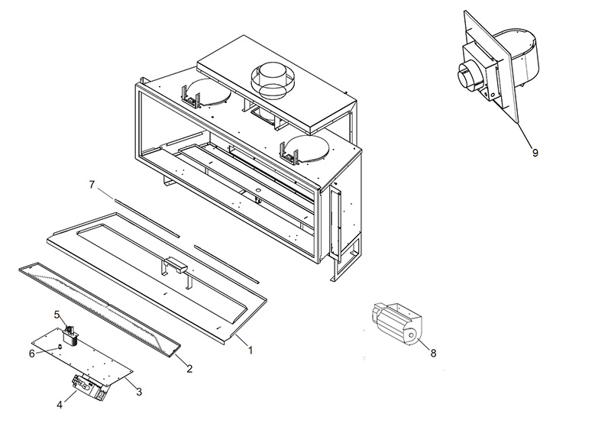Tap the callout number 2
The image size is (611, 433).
coord(189,368)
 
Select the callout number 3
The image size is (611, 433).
coord(139,392)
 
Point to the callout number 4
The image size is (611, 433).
coord(60,405)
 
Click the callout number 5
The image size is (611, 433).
coord(57,314)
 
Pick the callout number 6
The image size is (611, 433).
coord(31,354)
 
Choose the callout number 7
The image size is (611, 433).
coord(92,186)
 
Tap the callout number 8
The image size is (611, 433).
coord(433,353)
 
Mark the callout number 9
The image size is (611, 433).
coord(535,152)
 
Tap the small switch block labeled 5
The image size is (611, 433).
coord(73,336)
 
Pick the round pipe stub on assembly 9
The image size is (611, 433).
coord(466,78)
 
